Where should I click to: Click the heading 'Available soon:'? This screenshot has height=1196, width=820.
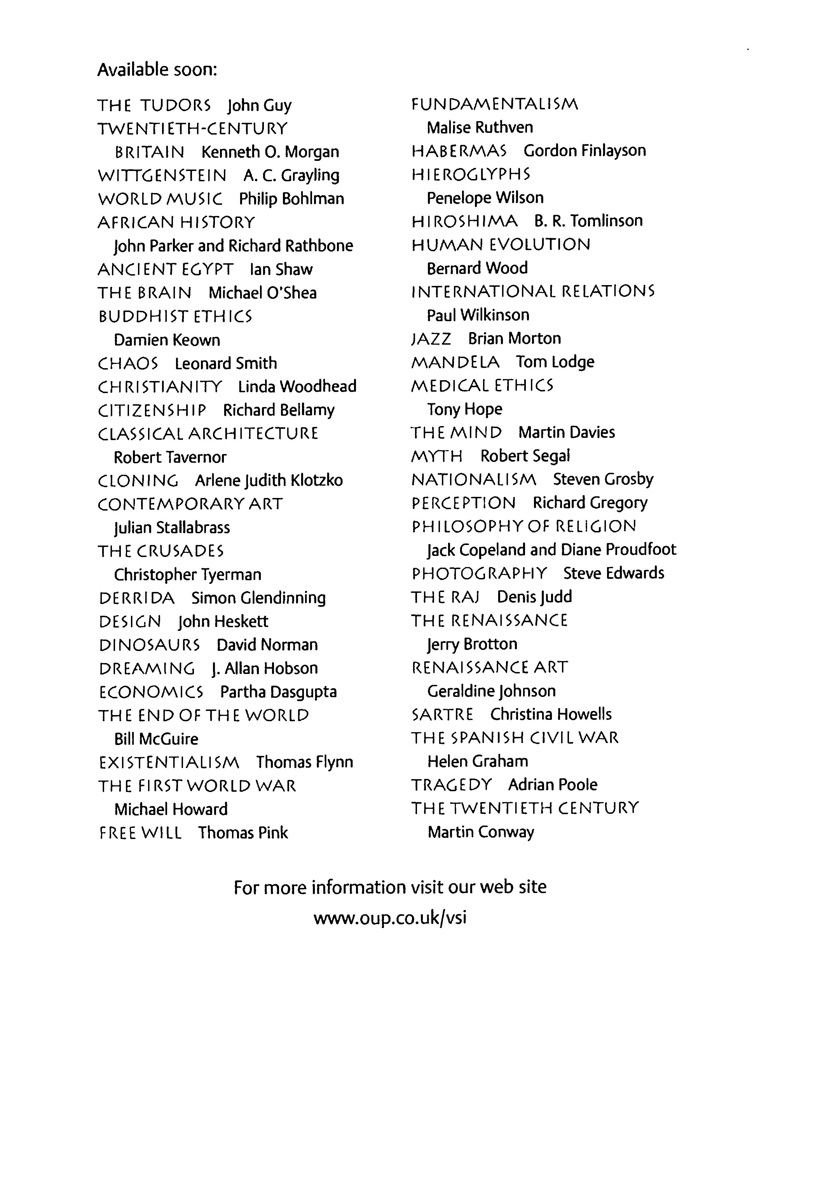point(157,69)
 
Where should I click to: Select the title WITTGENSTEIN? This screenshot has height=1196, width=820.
point(162,175)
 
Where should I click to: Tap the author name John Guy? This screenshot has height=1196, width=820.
point(259,105)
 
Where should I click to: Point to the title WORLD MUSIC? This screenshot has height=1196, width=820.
point(160,199)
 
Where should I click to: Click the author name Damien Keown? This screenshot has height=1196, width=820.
point(167,340)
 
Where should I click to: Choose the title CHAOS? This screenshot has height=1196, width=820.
point(128,364)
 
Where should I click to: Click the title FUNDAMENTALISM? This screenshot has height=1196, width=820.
point(495,104)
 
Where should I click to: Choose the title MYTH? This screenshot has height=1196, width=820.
point(437,456)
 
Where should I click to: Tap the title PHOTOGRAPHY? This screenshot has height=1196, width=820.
point(479,573)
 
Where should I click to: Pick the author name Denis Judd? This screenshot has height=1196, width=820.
point(534,597)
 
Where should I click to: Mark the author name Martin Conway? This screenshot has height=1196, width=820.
point(481,832)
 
